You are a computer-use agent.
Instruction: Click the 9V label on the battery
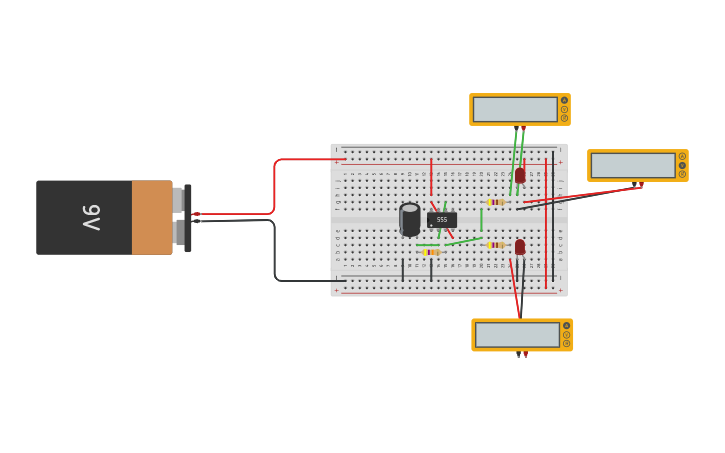tap(91, 217)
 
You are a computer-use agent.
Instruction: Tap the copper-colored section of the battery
tap(151, 217)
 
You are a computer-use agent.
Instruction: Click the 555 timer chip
tap(442, 219)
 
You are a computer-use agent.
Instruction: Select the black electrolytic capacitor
tap(410, 220)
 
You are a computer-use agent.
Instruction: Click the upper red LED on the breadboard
tap(520, 175)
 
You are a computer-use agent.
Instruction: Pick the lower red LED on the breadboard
tap(520, 246)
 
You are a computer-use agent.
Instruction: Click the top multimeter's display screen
tap(515, 109)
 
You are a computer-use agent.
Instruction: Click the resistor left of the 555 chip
tap(431, 252)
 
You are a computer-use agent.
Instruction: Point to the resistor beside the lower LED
tap(496, 244)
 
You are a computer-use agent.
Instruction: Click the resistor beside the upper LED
tap(496, 202)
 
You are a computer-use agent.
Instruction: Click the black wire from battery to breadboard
tap(275, 255)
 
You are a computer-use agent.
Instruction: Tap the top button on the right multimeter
tap(682, 155)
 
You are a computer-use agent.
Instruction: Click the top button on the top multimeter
tap(564, 100)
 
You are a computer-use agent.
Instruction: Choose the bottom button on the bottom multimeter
tap(566, 344)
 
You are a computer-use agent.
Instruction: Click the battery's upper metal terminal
tap(178, 200)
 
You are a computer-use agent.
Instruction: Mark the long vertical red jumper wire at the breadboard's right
tap(546, 225)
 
